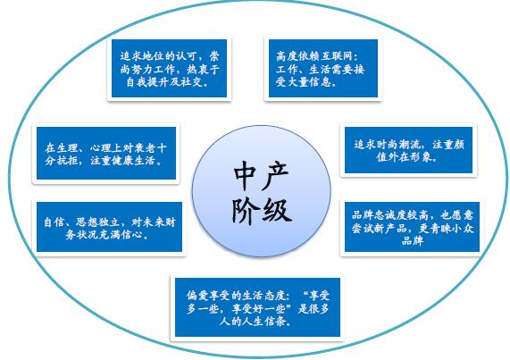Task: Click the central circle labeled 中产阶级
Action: (x=262, y=191)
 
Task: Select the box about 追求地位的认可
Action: (x=169, y=68)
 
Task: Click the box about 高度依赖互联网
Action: (x=323, y=68)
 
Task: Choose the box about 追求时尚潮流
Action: (x=408, y=150)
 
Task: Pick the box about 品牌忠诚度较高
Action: (x=412, y=227)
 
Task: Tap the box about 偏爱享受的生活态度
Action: (x=257, y=307)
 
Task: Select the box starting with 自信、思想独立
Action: (x=109, y=227)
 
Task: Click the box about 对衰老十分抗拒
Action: (x=106, y=153)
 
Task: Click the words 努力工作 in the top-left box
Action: (x=154, y=70)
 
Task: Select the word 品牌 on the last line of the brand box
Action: (x=413, y=241)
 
